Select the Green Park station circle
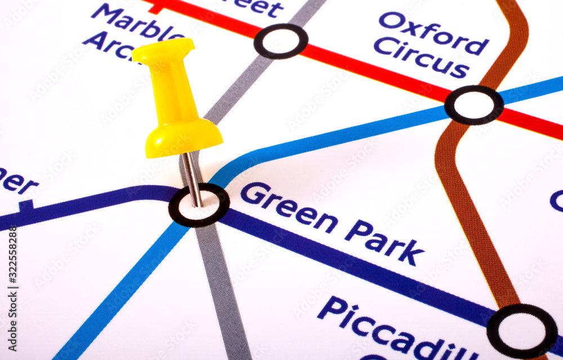click(x=199, y=205)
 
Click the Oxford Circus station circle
click(x=474, y=105)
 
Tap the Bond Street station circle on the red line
click(x=281, y=41)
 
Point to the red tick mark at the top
click(x=156, y=8)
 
